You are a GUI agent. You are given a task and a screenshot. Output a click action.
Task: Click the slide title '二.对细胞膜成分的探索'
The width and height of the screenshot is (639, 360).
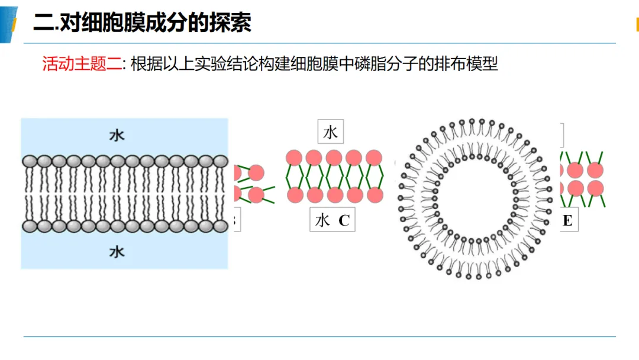[142, 22]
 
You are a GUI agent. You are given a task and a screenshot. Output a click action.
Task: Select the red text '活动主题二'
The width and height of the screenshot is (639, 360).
[82, 63]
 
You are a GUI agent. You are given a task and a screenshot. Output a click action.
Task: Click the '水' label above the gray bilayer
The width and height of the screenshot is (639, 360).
[117, 136]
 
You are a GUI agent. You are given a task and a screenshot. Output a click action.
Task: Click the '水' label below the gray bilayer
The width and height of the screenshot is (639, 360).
[117, 252]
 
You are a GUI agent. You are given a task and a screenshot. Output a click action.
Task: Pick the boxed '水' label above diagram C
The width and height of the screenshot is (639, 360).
[331, 131]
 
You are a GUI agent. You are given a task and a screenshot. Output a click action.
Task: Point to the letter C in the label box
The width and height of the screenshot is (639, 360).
[344, 221]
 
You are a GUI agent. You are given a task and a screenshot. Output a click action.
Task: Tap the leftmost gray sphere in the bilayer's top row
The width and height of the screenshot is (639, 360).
[30, 162]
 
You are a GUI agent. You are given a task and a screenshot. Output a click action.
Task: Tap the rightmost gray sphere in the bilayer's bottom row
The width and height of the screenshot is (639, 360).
[221, 226]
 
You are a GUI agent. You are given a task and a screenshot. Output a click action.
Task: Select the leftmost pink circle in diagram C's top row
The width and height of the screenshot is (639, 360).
[294, 157]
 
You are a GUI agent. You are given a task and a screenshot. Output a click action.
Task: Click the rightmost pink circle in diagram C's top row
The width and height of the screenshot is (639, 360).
[374, 157]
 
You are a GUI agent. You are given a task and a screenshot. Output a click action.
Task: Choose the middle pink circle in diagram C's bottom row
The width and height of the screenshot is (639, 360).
[335, 195]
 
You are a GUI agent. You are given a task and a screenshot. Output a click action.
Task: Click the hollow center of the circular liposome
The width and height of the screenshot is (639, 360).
[475, 200]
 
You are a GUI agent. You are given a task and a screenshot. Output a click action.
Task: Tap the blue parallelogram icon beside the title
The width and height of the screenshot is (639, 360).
[8, 24]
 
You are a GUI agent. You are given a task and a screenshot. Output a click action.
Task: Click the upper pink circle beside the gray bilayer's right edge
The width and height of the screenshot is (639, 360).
[256, 173]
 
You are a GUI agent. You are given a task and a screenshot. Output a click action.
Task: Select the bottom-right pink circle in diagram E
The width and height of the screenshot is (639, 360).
[595, 189]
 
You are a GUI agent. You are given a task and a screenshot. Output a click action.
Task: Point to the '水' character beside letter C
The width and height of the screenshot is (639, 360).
[322, 221]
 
